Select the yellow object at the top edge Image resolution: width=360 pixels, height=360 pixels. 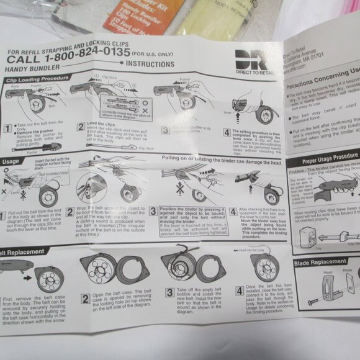pos(202,16)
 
